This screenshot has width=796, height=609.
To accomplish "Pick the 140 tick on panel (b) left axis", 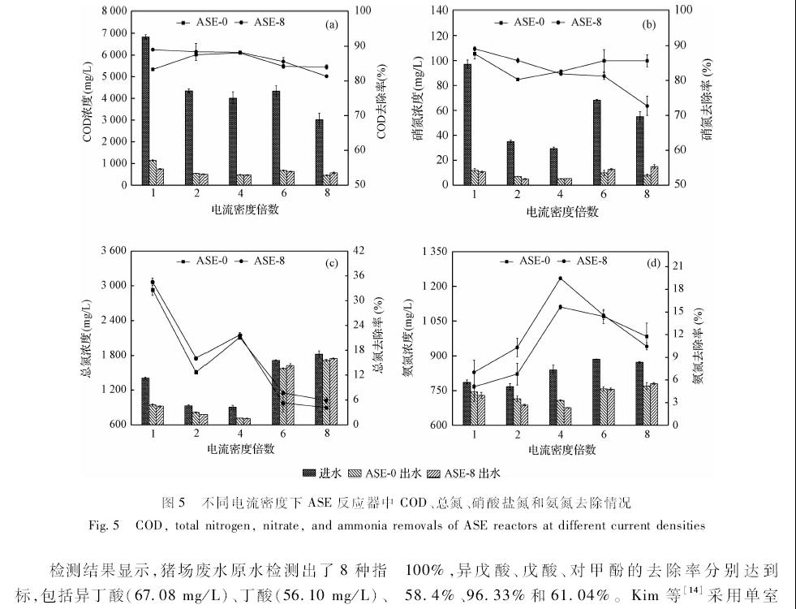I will (438, 11).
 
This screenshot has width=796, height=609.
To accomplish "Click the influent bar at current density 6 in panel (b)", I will (596, 142).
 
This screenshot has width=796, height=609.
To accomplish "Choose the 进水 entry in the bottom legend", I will (321, 473).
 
